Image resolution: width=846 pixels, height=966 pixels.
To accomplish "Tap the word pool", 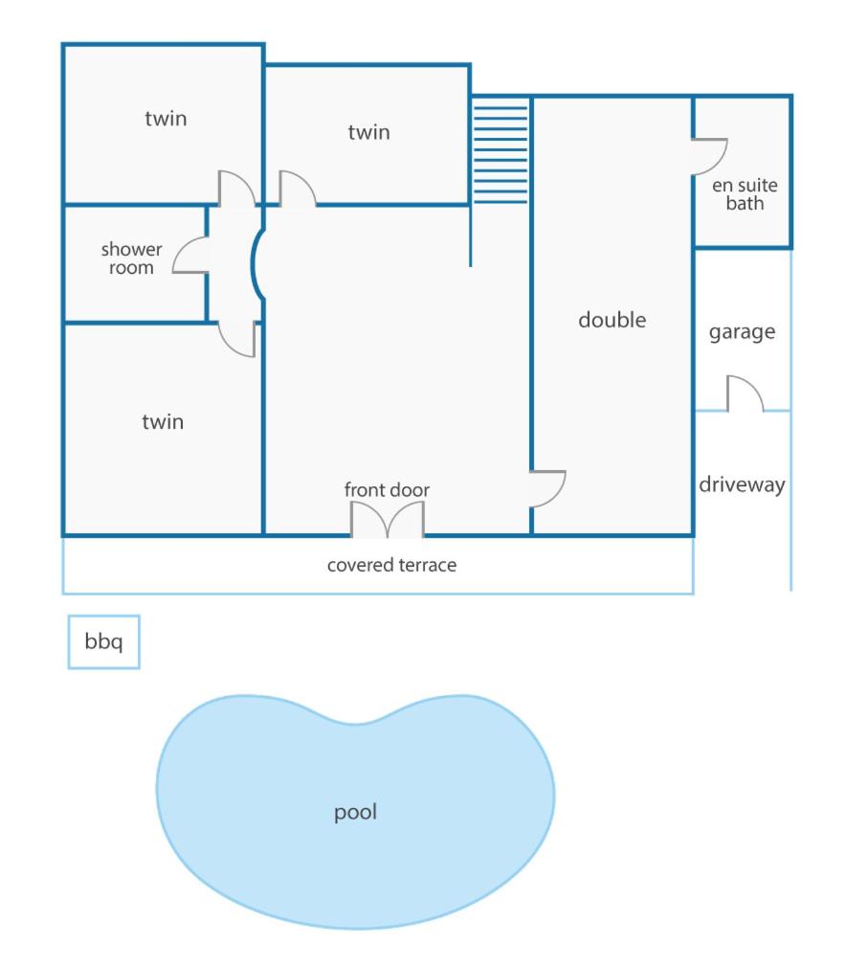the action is click(x=355, y=812).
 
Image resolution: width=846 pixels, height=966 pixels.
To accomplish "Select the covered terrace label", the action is click(x=391, y=565).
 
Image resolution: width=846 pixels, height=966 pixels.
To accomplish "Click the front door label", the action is click(x=387, y=490).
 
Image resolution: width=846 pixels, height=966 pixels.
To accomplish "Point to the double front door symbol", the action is click(x=388, y=518).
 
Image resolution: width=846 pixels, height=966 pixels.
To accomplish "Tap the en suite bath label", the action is click(x=745, y=194).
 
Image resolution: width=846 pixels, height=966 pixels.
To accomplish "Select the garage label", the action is click(x=742, y=332).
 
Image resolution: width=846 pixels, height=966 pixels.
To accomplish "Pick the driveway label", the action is click(x=742, y=484).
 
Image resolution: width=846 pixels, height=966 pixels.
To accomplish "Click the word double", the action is click(x=612, y=320).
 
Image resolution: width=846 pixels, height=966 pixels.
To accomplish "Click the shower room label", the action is click(x=131, y=258).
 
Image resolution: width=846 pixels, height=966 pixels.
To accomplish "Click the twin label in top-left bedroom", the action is click(x=166, y=119).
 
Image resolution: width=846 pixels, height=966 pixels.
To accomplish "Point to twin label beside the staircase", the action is click(x=368, y=132).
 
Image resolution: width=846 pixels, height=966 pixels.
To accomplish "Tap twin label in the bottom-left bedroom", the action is click(x=163, y=421).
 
